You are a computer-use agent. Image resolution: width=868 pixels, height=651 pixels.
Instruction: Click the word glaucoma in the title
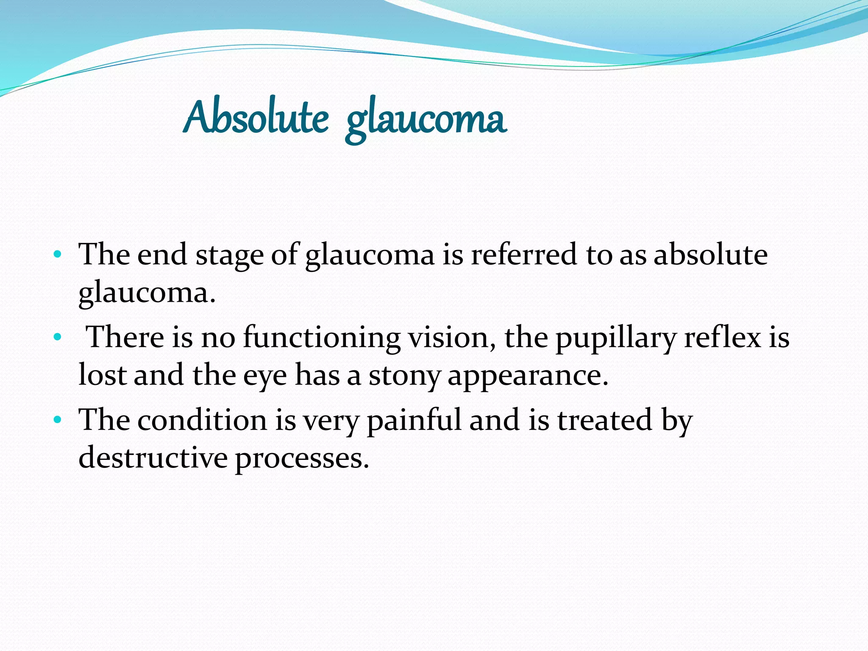point(426,121)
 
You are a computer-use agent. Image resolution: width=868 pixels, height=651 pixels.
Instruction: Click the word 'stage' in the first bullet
point(229,256)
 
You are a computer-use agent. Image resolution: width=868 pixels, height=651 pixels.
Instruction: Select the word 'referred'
point(524,255)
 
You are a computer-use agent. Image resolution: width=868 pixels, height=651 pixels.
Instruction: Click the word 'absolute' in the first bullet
point(710,255)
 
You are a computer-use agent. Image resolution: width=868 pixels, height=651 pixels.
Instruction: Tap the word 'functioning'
point(322,338)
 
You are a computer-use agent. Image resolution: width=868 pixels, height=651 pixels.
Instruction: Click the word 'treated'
point(604,420)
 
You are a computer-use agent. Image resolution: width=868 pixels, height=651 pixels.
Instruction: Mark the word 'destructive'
point(153,458)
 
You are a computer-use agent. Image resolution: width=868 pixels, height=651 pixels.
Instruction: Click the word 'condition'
point(202,420)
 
